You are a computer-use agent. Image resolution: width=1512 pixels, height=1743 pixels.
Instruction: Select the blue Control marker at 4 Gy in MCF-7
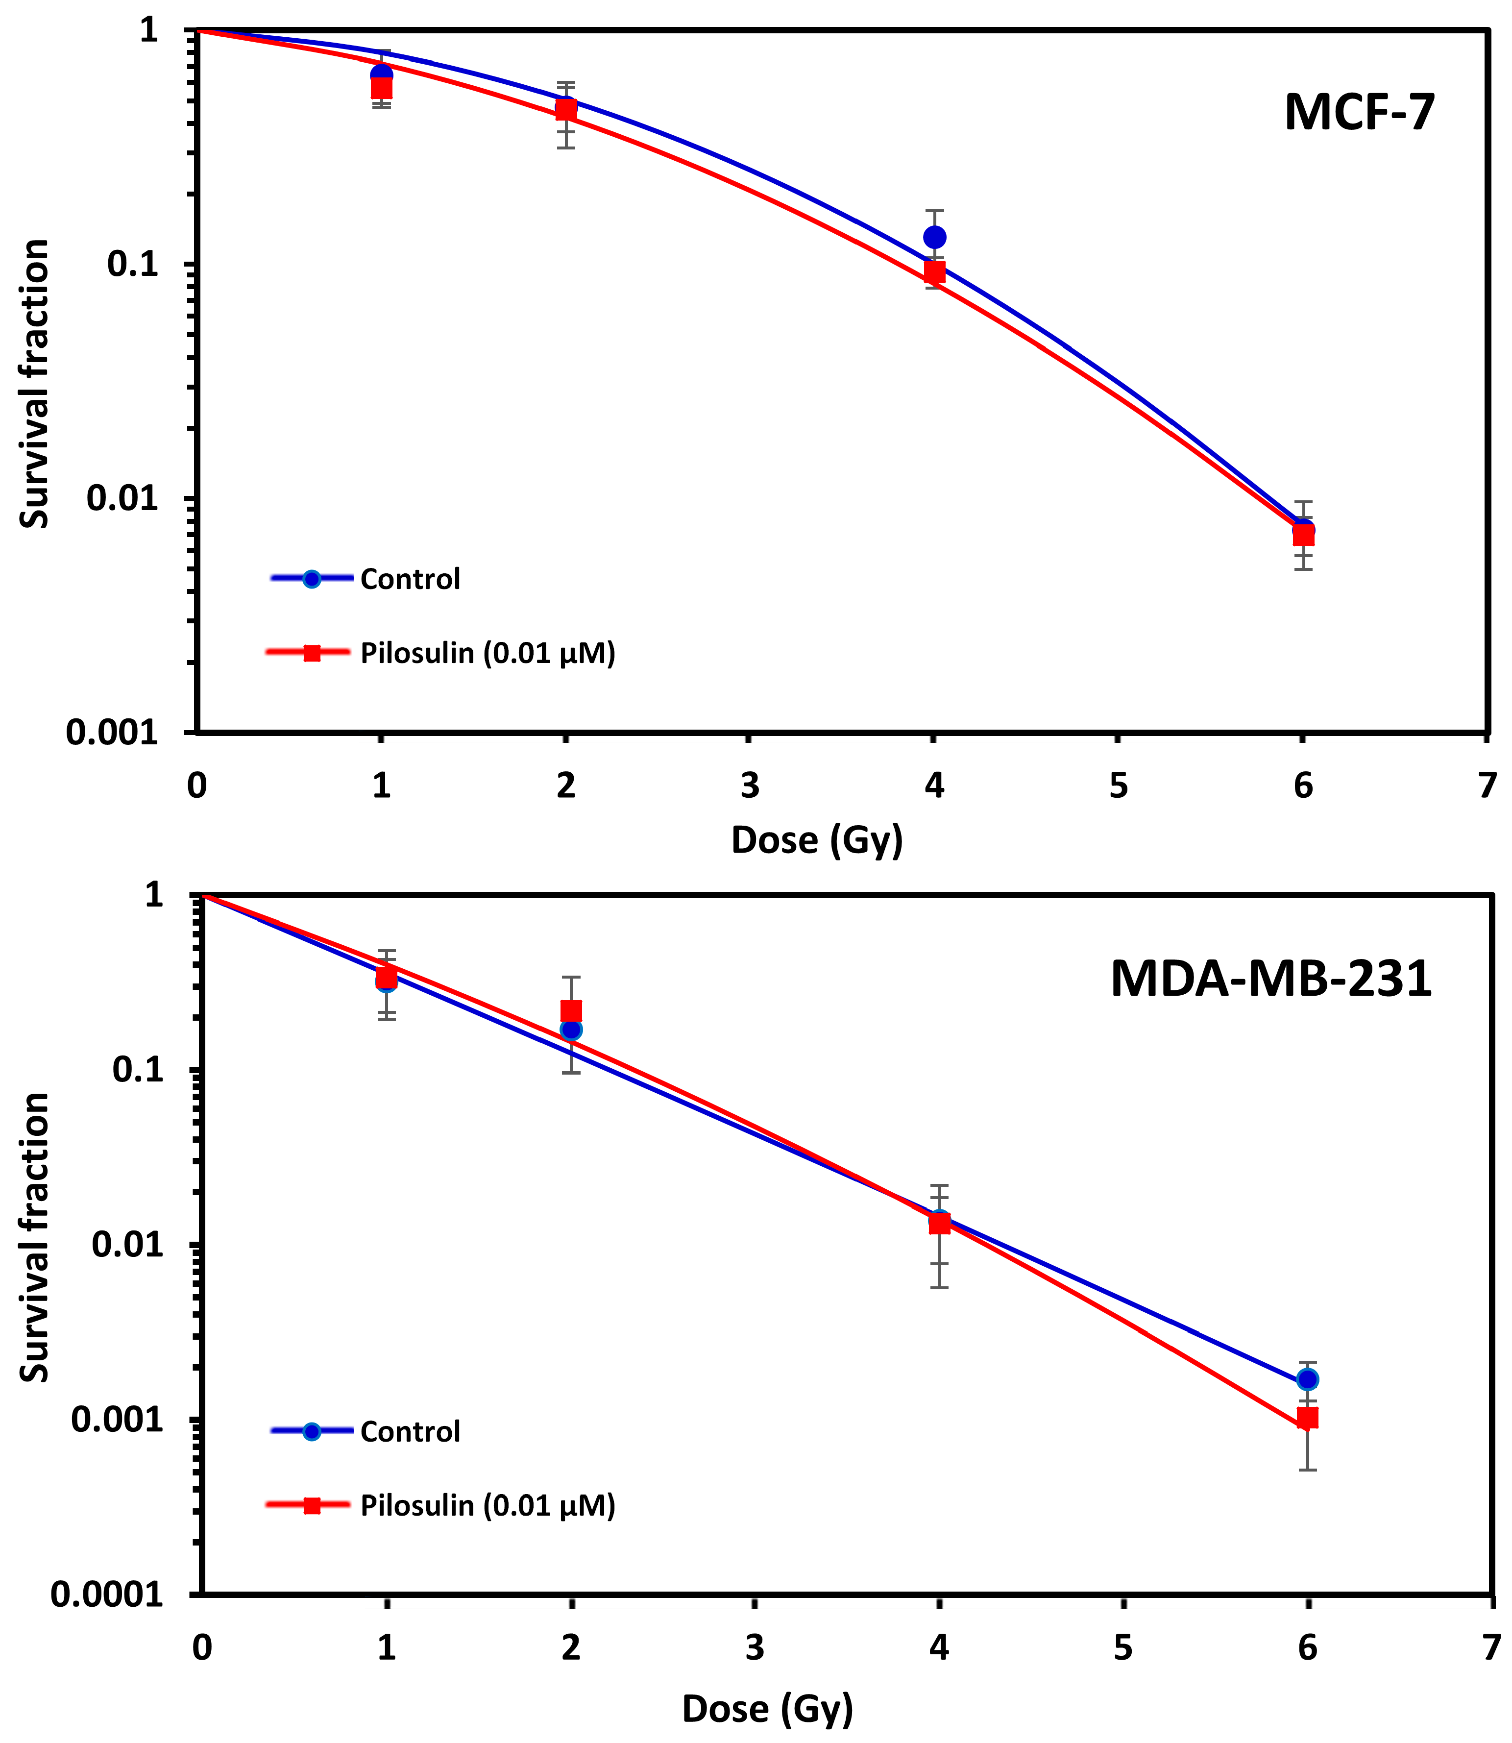(934, 237)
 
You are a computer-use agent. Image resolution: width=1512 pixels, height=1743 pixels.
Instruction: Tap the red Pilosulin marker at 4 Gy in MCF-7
(934, 271)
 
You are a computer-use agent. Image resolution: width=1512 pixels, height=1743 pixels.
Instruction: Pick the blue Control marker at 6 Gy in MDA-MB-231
(1308, 1379)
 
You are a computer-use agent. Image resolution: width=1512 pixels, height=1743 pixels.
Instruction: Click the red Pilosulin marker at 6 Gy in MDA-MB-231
(1308, 1418)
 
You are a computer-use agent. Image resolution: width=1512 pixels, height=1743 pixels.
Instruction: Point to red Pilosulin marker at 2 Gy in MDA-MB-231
(571, 1011)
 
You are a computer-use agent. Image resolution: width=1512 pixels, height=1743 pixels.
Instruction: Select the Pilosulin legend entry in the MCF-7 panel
(487, 653)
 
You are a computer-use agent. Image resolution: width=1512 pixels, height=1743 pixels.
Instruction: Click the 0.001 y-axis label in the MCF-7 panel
(112, 732)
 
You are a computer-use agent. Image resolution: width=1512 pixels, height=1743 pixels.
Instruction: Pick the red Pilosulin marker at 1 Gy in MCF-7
(381, 88)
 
